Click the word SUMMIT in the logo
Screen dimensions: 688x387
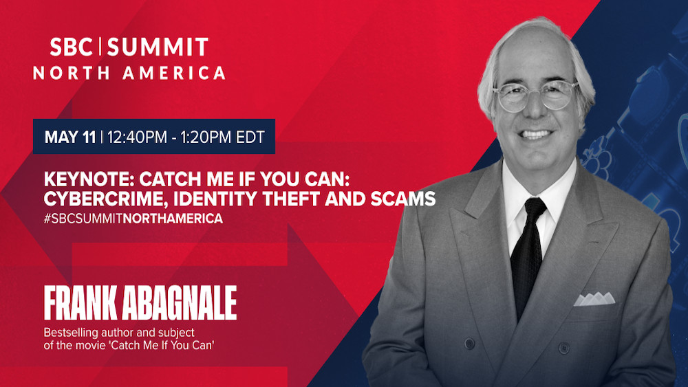(x=158, y=47)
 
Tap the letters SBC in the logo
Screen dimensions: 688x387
(x=71, y=47)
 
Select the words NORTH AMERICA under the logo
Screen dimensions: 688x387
(x=129, y=73)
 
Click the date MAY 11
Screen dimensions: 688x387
(x=70, y=137)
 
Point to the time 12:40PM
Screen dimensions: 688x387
(x=137, y=137)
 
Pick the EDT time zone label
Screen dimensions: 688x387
(x=250, y=137)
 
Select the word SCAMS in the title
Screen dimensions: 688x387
(x=402, y=199)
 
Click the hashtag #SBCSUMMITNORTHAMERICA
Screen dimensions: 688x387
(x=133, y=219)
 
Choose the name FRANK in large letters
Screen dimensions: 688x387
(x=80, y=303)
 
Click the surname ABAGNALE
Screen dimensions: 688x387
(x=179, y=303)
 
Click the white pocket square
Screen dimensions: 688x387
(x=594, y=299)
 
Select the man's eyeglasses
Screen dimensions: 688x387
(x=535, y=96)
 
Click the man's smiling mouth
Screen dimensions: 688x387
(x=535, y=133)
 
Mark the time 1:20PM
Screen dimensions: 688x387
(x=206, y=137)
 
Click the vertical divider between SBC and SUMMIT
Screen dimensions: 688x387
(x=100, y=47)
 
